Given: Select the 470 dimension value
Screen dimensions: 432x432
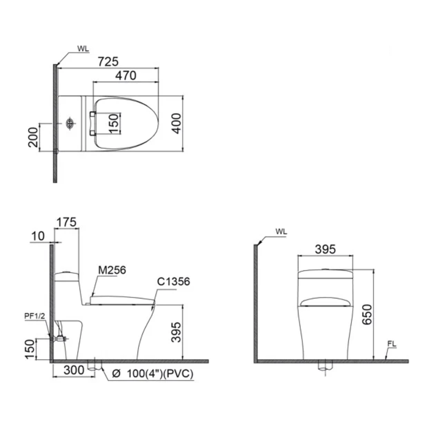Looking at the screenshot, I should [126, 75].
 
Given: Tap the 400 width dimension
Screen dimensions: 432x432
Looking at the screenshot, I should [177, 124].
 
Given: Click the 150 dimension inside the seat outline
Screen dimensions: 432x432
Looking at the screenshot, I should [114, 124].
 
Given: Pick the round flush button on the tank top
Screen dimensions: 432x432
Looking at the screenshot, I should [70, 124].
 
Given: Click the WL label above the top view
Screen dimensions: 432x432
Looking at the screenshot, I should [83, 50].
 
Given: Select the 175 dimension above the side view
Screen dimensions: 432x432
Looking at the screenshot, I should [66, 222].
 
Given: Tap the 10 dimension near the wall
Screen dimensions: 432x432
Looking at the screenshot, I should [38, 236].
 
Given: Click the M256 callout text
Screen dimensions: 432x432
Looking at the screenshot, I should [112, 270].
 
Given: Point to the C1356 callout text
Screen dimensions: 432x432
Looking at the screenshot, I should [173, 282].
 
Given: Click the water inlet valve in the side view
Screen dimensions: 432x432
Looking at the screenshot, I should [59, 339].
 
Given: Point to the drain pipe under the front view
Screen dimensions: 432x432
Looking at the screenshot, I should [325, 366].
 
